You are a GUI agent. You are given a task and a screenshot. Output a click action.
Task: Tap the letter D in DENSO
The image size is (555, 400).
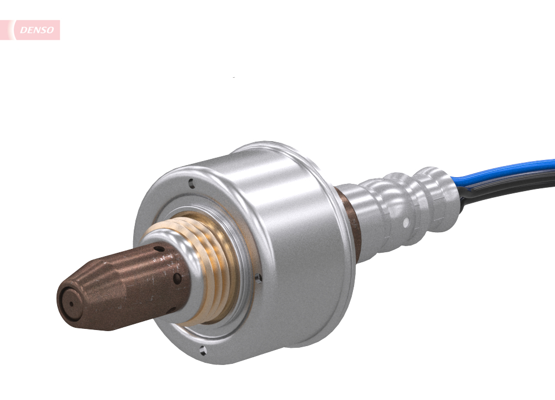(23, 30)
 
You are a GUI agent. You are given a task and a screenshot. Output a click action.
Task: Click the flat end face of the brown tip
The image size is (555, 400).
(70, 303)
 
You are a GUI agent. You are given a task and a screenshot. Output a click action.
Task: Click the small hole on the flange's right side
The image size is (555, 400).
(259, 276)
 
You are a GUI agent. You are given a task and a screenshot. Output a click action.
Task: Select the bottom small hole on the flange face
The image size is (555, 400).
(203, 350)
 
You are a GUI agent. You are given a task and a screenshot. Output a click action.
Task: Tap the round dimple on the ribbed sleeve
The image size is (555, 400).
(406, 223)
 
